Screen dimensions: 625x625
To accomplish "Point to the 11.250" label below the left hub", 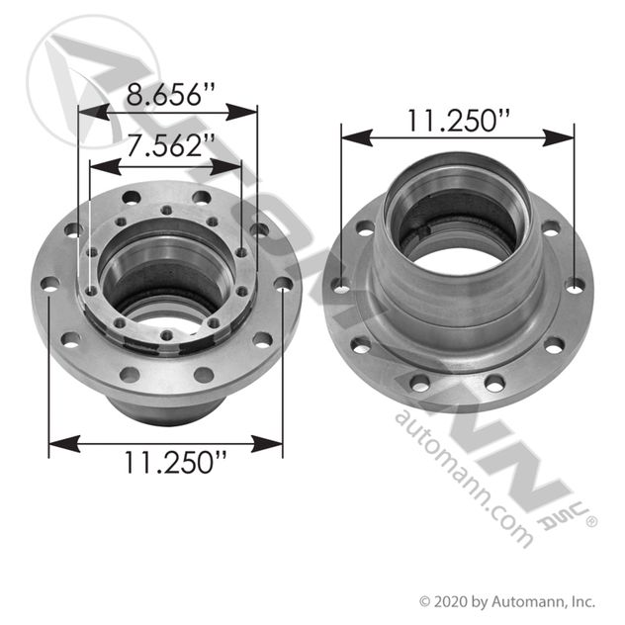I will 167,462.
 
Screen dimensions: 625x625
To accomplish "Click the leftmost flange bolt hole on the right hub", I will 341,287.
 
